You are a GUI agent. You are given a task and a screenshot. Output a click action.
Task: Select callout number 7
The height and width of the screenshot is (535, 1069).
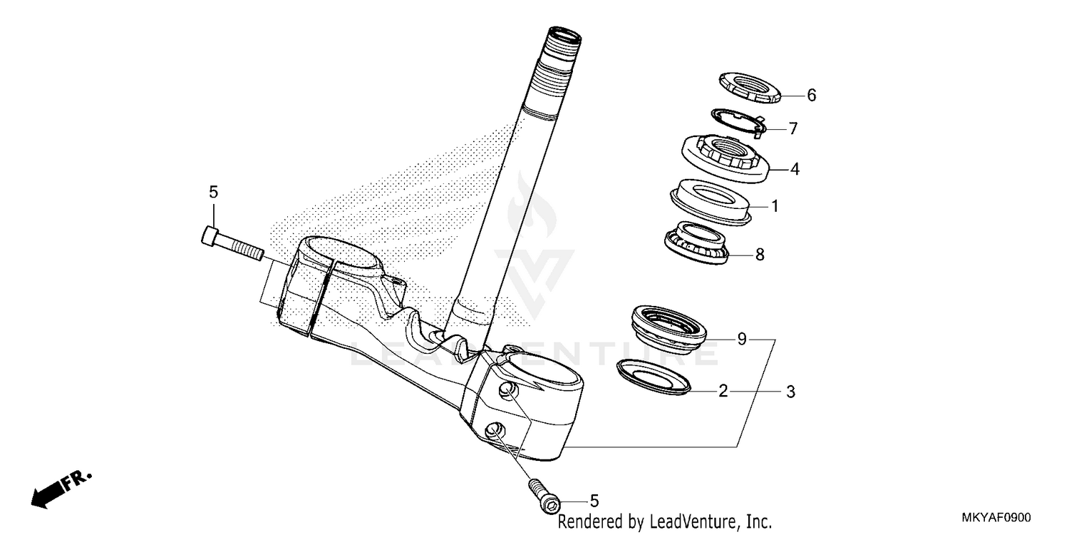coord(792,129)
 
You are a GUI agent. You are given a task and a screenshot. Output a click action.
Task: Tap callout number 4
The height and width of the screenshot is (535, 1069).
coord(795,170)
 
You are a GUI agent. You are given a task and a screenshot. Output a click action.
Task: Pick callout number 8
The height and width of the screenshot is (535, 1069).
coord(760,254)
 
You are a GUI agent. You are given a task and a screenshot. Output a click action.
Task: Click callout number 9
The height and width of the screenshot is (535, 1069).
coord(742,339)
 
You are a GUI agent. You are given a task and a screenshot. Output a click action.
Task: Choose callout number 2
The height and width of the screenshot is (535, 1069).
coord(723,391)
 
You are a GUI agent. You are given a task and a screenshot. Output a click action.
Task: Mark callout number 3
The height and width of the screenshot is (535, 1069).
coord(790,392)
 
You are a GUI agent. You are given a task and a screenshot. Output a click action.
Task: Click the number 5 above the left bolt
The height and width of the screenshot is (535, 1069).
coord(213,192)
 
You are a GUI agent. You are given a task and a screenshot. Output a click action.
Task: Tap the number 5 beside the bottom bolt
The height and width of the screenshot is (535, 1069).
coord(594,501)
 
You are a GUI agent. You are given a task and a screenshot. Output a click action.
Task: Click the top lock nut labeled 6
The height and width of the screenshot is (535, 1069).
coord(750,87)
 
